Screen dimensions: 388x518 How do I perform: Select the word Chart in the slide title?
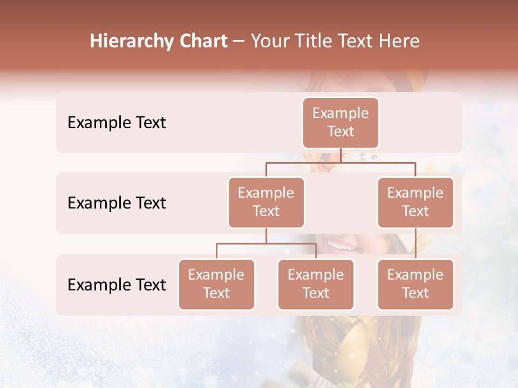[x=201, y=41]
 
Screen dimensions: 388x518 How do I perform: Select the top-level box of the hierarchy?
[x=340, y=122]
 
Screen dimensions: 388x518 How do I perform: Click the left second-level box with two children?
[x=266, y=202]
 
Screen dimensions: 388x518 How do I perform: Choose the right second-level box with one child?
[x=415, y=202]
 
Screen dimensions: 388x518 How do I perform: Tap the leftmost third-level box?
[x=216, y=284]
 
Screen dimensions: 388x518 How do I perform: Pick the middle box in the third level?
[x=316, y=284]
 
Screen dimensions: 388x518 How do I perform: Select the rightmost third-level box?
[x=415, y=284]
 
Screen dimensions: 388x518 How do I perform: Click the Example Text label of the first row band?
[x=117, y=122]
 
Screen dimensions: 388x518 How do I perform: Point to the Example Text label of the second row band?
[x=117, y=203]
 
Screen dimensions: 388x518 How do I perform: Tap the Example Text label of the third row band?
[x=117, y=285]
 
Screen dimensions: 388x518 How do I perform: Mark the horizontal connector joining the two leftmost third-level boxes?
[x=266, y=244]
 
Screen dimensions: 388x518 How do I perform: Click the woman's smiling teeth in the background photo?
[x=342, y=247]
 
